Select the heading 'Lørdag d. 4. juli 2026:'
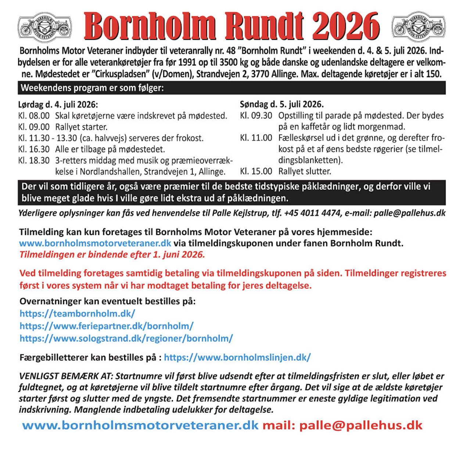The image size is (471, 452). pyautogui.click(x=58, y=104)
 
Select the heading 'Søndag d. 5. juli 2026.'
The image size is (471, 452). pyautogui.click(x=282, y=104)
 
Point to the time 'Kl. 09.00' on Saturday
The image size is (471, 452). pyautogui.click(x=34, y=127)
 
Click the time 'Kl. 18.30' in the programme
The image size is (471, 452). pyautogui.click(x=34, y=160)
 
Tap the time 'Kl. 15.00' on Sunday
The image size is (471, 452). pyautogui.click(x=256, y=171)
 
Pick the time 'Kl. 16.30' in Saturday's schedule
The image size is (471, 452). pyautogui.click(x=34, y=149)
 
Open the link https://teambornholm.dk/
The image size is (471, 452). pyautogui.click(x=77, y=314)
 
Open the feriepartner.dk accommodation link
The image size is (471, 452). pyautogui.click(x=107, y=326)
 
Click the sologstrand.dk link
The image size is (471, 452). pyautogui.click(x=126, y=338)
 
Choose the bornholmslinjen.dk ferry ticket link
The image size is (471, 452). pyautogui.click(x=237, y=357)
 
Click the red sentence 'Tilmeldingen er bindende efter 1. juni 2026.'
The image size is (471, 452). pyautogui.click(x=112, y=255)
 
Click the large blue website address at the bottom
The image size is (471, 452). pyautogui.click(x=140, y=426)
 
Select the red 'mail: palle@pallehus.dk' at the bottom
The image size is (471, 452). pyautogui.click(x=342, y=426)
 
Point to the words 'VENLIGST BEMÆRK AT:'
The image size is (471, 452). pyautogui.click(x=66, y=376)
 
